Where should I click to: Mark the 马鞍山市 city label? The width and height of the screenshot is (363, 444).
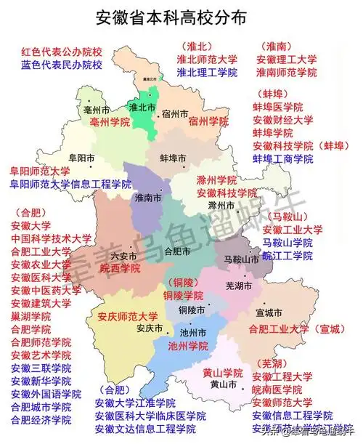(241, 259)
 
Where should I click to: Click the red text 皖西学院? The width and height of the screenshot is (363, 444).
(120, 268)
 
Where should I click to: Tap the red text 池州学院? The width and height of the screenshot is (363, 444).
(188, 346)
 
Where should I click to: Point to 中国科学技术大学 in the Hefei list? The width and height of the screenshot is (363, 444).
(51, 238)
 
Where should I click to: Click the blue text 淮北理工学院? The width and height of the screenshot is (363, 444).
(206, 73)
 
